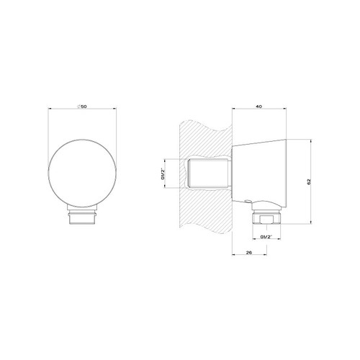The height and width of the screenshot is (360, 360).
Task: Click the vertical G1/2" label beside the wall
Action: pos(163,174)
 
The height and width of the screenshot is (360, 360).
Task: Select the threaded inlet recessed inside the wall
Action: pos(210,174)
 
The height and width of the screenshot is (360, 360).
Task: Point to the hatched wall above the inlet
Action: pos(205,137)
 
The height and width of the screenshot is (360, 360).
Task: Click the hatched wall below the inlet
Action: pos(205,216)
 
